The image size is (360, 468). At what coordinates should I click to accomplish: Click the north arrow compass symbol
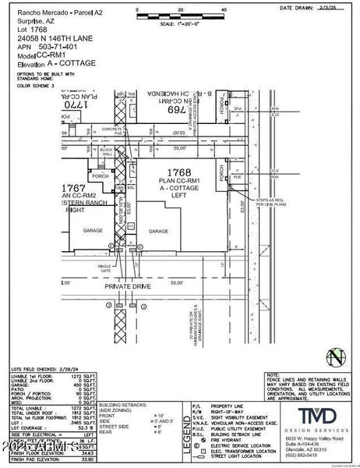[337, 357]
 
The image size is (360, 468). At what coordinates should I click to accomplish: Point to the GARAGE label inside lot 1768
[159, 231]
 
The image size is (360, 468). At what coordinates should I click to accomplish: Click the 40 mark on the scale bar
[224, 10]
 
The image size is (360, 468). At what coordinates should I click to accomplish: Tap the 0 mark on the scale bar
[137, 10]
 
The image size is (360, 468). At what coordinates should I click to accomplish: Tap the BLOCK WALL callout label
[107, 150]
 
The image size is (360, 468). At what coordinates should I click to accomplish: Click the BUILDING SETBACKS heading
[118, 406]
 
